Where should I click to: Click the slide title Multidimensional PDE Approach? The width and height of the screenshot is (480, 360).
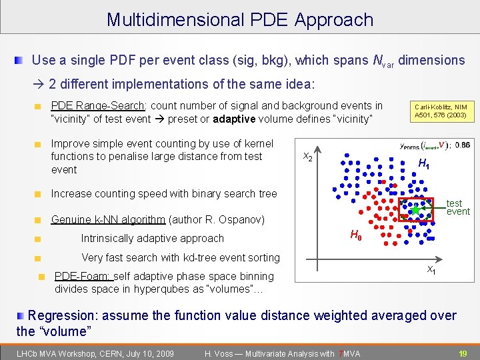[240, 19]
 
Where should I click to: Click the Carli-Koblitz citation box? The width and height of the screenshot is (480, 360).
[441, 111]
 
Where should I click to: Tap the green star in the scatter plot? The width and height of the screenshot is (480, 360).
[415, 210]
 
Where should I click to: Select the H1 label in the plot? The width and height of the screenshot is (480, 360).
[423, 164]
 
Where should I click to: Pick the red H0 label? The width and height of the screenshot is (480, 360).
[357, 235]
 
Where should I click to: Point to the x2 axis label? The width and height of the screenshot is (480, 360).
[308, 157]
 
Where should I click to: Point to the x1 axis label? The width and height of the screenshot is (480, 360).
[431, 270]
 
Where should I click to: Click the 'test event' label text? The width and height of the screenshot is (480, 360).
[458, 207]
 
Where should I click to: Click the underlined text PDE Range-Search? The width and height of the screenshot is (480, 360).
[98, 105]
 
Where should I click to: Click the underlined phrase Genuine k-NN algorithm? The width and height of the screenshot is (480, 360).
[108, 219]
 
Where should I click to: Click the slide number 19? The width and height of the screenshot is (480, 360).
[463, 353]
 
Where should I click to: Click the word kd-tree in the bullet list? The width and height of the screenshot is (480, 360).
[200, 257]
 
